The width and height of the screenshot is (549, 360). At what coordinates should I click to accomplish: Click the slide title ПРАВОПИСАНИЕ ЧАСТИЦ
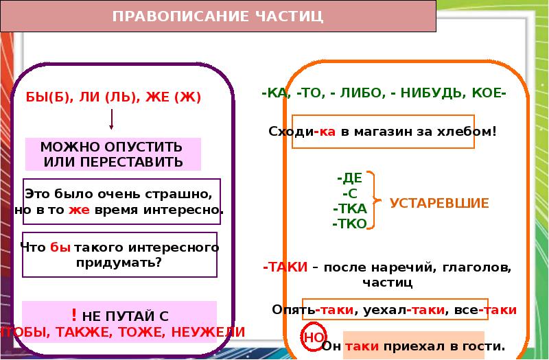tap(218, 16)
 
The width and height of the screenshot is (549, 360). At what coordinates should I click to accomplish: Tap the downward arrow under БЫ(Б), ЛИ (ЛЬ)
tap(112, 119)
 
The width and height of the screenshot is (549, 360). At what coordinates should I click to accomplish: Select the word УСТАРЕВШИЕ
tap(439, 203)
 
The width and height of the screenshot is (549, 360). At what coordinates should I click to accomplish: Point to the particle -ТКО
tap(350, 224)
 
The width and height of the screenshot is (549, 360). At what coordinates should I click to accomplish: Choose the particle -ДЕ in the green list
tap(349, 177)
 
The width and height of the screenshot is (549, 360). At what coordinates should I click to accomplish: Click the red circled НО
tap(313, 337)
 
